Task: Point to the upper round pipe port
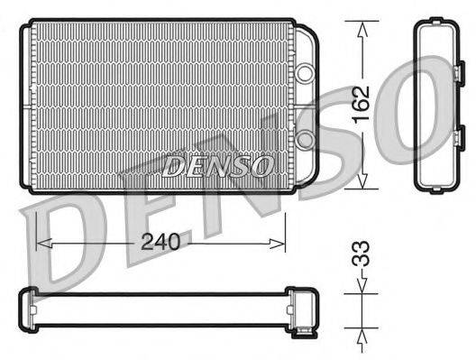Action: click(x=305, y=70)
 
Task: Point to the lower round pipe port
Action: click(x=305, y=138)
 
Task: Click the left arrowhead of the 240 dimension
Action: click(x=41, y=242)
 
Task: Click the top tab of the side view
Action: click(x=436, y=19)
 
